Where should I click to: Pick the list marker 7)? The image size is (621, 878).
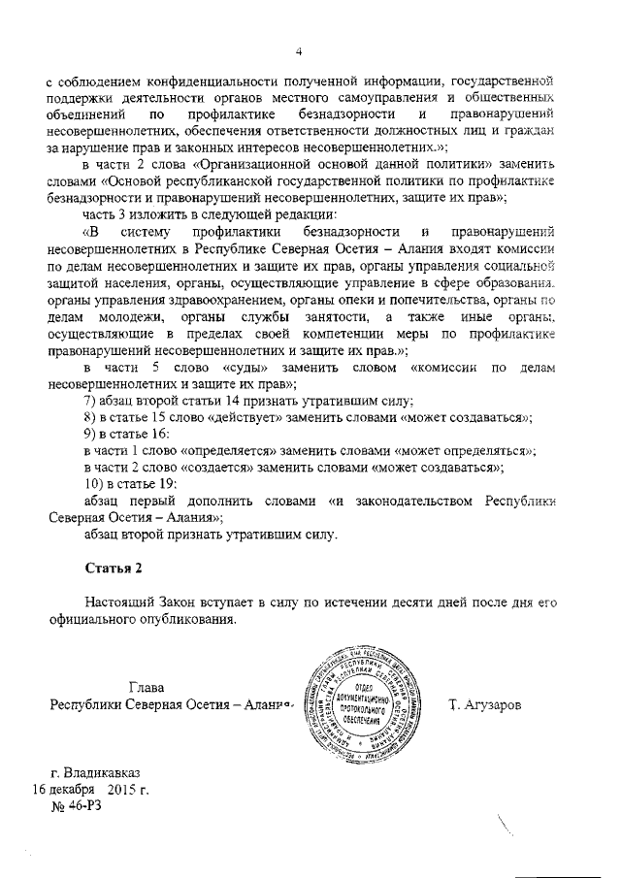click(93, 402)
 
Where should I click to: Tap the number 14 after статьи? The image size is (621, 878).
click(237, 402)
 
